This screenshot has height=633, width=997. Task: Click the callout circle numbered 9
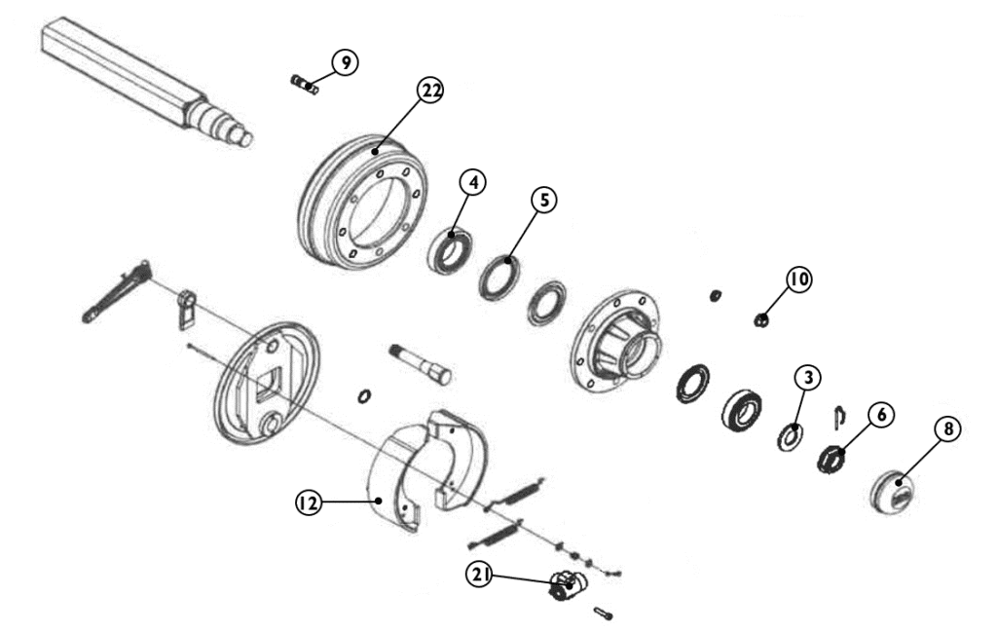[346, 62]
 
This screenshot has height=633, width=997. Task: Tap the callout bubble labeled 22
[430, 91]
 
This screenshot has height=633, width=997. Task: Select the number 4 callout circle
[473, 182]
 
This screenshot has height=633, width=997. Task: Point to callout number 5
[544, 200]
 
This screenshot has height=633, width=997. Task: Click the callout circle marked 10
[799, 279]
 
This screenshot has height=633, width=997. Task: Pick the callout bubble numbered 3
[807, 378]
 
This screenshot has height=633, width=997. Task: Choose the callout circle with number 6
[881, 415]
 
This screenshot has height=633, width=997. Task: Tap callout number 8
[948, 429]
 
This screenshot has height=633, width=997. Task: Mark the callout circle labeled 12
[309, 503]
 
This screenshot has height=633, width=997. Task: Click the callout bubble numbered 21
[479, 576]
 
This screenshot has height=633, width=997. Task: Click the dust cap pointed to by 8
[893, 491]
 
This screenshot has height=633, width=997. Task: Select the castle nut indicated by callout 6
[831, 459]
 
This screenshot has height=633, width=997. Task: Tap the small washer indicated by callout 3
[791, 435]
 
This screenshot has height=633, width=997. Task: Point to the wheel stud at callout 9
[305, 84]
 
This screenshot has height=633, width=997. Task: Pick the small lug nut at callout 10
[760, 319]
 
